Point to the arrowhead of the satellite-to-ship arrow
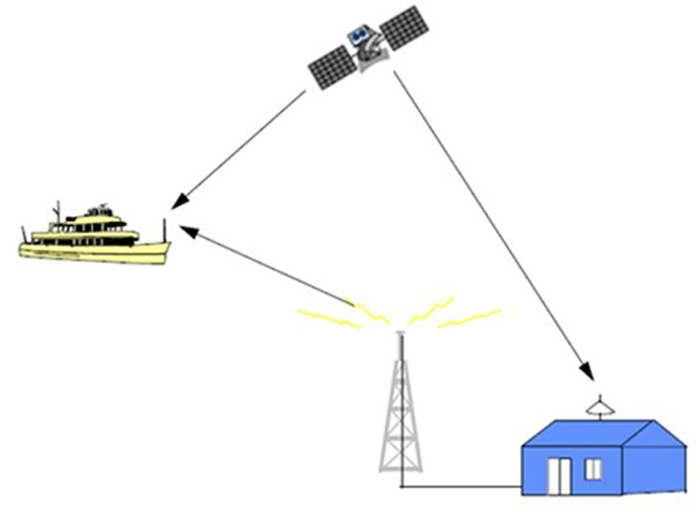tap(177, 203)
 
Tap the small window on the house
tap(593, 469)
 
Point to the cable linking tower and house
tap(459, 488)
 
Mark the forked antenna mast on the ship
tap(57, 212)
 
